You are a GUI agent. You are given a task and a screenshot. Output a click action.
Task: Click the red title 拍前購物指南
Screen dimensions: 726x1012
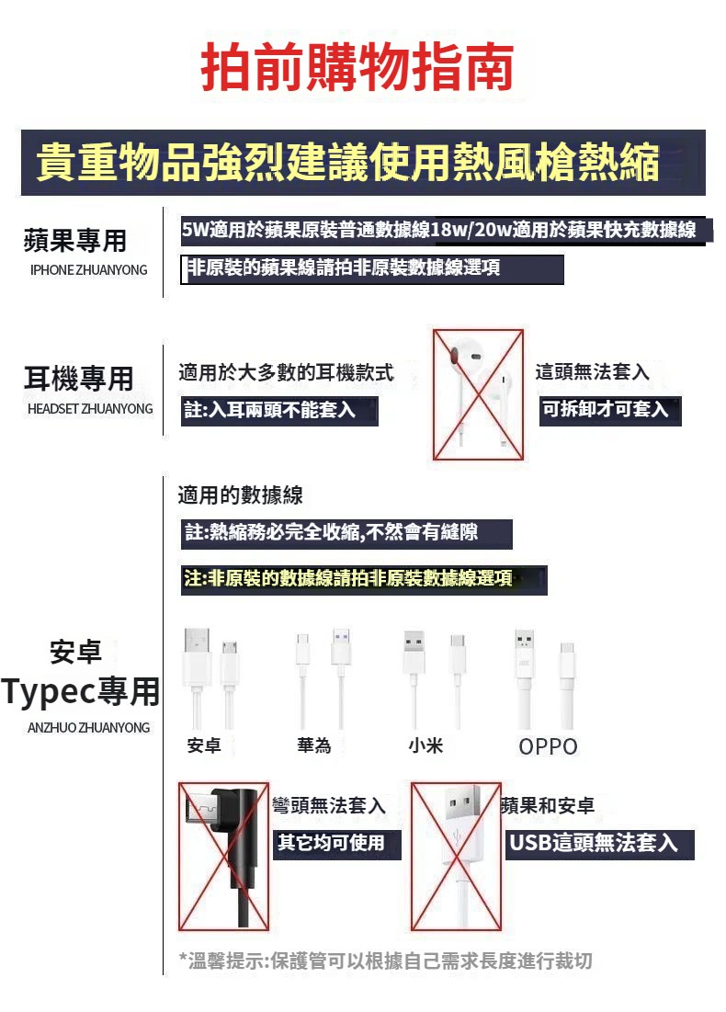click(x=357, y=66)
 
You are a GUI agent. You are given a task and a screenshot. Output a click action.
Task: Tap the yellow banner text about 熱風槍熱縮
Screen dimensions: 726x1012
click(x=347, y=162)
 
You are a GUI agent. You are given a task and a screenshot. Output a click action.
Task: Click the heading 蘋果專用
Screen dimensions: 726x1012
click(x=74, y=241)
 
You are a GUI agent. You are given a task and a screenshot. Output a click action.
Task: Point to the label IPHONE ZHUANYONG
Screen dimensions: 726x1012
click(x=88, y=270)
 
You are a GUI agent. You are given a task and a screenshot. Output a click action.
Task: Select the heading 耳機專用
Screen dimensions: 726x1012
click(x=79, y=378)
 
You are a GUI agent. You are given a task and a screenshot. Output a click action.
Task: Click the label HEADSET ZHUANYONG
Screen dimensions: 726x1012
click(x=90, y=408)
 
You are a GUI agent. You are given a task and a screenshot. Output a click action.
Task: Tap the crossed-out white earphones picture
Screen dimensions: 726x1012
click(x=478, y=394)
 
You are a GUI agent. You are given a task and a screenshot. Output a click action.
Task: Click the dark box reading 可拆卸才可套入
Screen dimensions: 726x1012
click(x=610, y=411)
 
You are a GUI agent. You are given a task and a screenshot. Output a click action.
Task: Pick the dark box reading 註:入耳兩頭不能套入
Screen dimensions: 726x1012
click(x=279, y=411)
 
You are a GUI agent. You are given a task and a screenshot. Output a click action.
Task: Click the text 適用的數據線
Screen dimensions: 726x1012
click(x=240, y=495)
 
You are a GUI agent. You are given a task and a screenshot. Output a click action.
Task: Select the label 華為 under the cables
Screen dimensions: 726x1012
click(x=314, y=745)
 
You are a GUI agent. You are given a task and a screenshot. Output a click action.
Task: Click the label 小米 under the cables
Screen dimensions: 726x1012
click(x=425, y=745)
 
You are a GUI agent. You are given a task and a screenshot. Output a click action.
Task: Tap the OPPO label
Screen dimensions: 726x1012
click(x=548, y=746)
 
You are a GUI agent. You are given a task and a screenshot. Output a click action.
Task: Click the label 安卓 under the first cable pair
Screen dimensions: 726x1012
click(x=204, y=745)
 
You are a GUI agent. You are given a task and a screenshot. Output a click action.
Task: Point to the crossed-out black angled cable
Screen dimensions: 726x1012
click(x=223, y=857)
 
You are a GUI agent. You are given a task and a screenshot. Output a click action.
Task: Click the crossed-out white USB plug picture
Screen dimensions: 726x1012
click(x=456, y=857)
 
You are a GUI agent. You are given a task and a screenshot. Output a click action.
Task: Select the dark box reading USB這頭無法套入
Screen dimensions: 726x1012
click(x=599, y=844)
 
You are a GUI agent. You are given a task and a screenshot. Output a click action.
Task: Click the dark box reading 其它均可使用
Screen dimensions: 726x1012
click(x=337, y=844)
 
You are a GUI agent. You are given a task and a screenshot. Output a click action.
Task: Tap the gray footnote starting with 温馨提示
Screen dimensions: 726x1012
click(x=386, y=961)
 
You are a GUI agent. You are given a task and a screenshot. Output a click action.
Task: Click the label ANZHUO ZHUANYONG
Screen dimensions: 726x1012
click(x=88, y=727)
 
